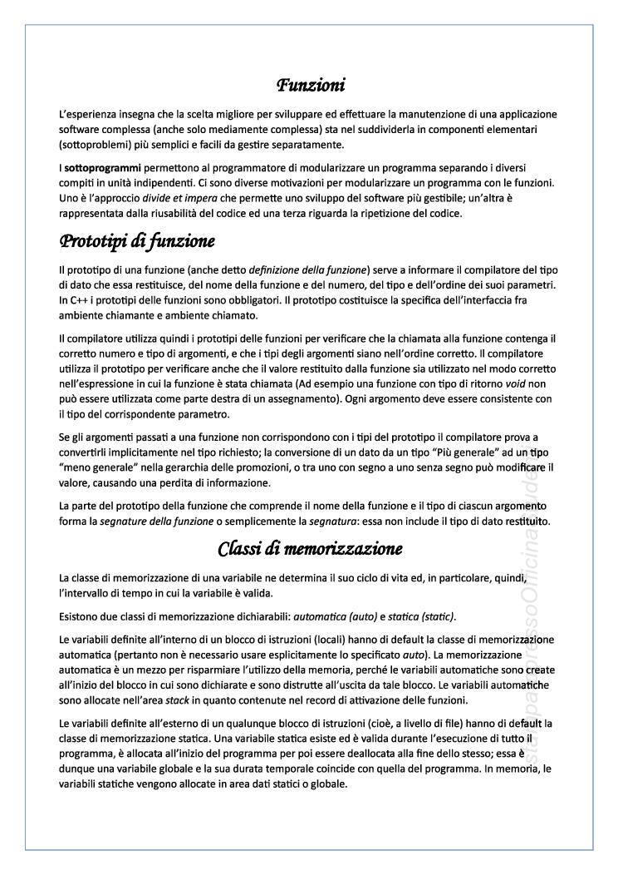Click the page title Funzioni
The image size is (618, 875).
pyautogui.click(x=311, y=85)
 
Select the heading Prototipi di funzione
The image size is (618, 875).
pyautogui.click(x=137, y=242)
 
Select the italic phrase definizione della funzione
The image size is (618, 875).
pyautogui.click(x=309, y=271)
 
